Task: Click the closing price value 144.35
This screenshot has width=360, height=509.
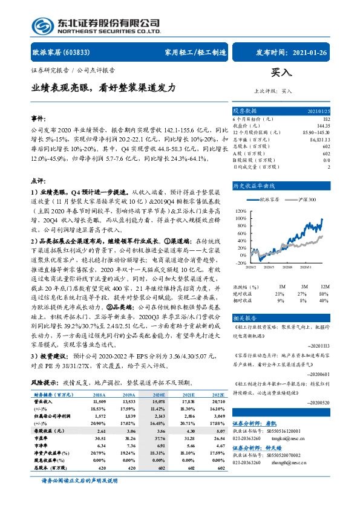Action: [324, 126]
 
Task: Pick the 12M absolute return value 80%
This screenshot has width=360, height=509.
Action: [324, 277]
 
